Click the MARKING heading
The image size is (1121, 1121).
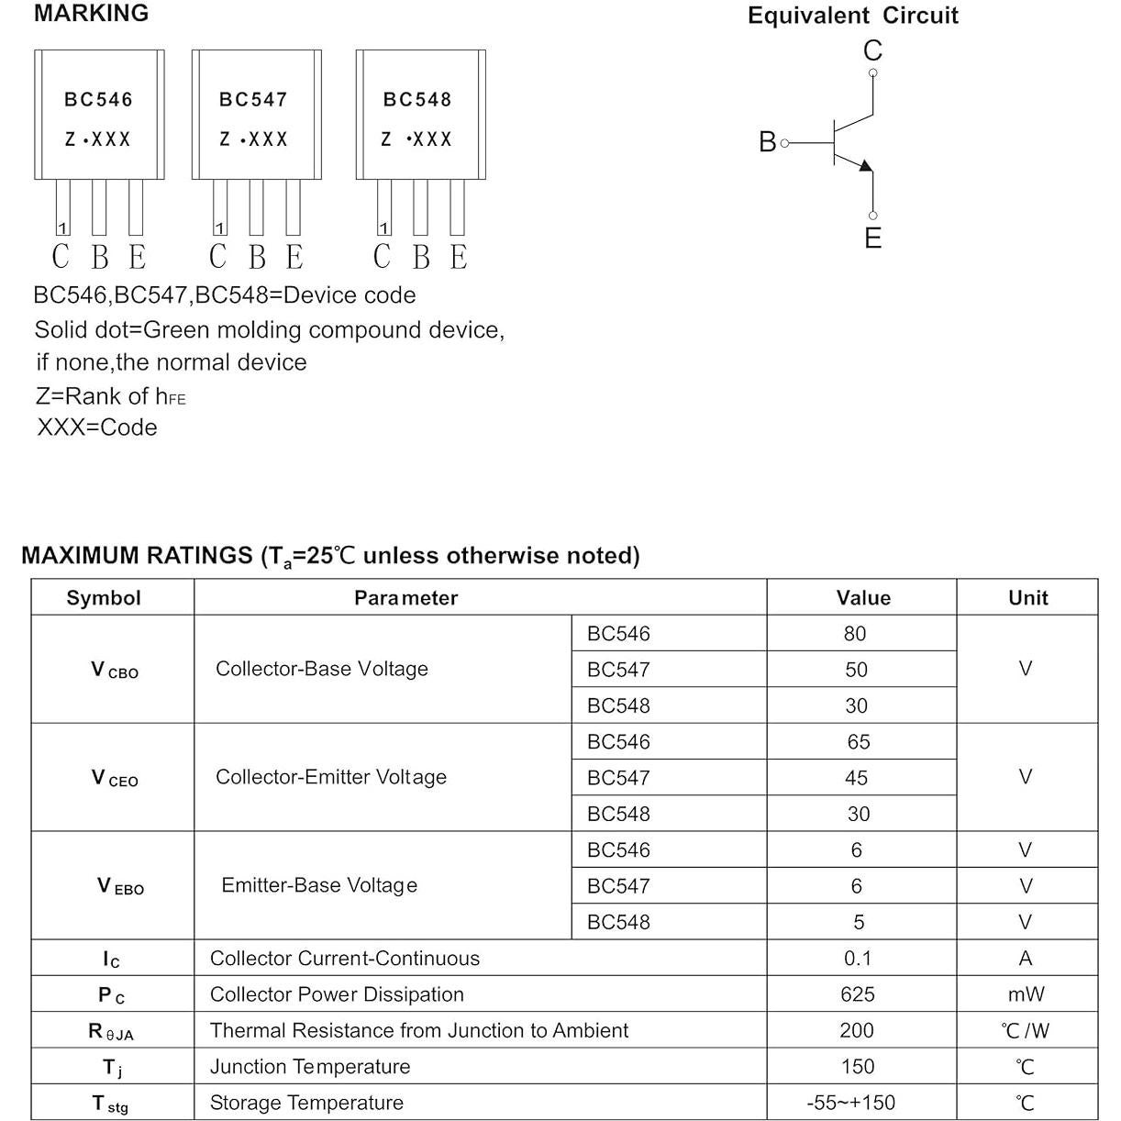pos(91,14)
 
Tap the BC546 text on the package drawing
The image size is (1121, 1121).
pos(98,99)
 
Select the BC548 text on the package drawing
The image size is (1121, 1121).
pos(417,99)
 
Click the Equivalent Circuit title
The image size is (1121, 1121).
pos(852,16)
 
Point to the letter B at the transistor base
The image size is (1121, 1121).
pos(767,142)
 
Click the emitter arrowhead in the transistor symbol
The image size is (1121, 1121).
pos(864,165)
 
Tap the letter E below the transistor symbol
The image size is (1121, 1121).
pos(872,239)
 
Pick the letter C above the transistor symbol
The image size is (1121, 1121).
pos(872,50)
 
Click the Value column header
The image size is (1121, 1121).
pos(862,598)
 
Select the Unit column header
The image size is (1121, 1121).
pos(1027,598)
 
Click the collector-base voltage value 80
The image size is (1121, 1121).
pos(855,634)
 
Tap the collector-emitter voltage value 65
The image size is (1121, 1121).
pos(858,742)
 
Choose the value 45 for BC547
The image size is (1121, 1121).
pos(856,778)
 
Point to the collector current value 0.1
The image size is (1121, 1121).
pos(858,959)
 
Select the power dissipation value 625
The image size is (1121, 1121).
pos(857,994)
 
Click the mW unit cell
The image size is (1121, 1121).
pos(1026,994)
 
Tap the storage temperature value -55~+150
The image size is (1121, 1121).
pos(850,1103)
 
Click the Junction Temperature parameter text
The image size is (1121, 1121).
pos(309,1067)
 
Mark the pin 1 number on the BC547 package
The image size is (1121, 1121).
pos(219,228)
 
